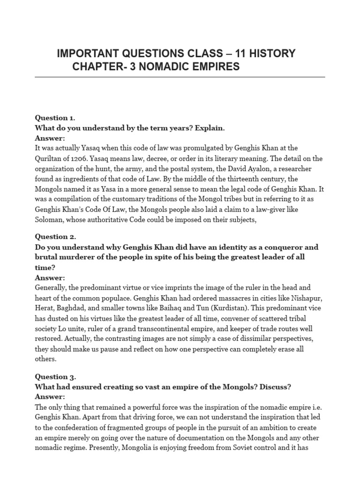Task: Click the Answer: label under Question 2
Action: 50,278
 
